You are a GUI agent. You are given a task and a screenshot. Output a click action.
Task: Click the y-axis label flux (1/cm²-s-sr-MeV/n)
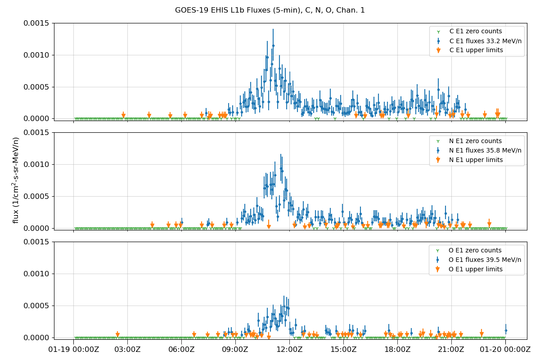(x=16, y=180)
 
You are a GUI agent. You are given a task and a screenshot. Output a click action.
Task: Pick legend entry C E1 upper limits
(x=476, y=50)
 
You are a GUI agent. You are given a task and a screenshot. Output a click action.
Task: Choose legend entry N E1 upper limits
(x=476, y=160)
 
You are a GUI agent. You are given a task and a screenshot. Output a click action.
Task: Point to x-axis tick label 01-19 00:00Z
(x=74, y=350)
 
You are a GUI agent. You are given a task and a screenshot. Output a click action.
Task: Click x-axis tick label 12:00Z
(x=289, y=350)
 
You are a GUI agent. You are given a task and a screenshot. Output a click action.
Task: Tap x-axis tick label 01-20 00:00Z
(x=505, y=350)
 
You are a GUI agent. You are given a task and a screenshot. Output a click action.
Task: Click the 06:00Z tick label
(x=181, y=350)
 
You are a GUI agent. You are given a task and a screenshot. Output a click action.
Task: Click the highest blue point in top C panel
(x=273, y=45)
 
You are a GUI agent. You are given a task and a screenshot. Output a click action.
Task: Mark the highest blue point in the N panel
(x=281, y=169)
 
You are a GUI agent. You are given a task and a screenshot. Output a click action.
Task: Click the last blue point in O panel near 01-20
(x=506, y=330)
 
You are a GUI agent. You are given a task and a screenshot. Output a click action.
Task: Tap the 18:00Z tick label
(x=397, y=350)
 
